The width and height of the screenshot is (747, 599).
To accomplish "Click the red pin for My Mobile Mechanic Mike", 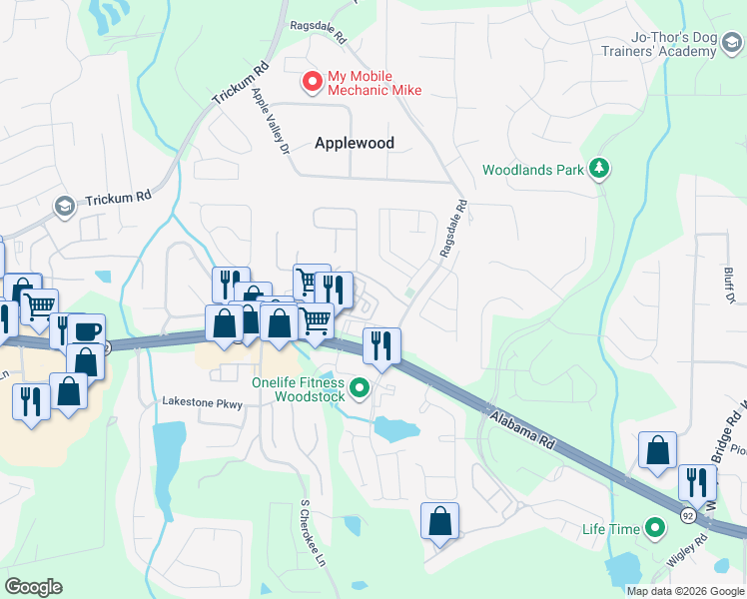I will [x=313, y=81].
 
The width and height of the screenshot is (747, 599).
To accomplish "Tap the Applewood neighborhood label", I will [x=355, y=143].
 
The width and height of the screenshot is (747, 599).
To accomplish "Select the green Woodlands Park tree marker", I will [x=599, y=169].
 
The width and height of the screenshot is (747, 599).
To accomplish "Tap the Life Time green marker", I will [x=655, y=526].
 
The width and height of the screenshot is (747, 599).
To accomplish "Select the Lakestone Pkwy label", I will [x=203, y=401].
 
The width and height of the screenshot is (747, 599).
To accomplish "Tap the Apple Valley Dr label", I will [x=270, y=121].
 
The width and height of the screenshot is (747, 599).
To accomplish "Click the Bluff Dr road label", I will [x=729, y=285].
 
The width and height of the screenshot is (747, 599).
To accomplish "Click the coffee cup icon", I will [x=86, y=331].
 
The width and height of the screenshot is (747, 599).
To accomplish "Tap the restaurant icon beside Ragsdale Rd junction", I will [x=381, y=345].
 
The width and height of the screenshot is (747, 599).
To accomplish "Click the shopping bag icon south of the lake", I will [x=439, y=520].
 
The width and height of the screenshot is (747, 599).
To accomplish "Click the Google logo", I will [x=33, y=587].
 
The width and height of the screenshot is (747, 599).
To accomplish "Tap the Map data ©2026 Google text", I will [x=684, y=591].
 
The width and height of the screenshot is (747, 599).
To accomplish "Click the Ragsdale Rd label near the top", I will [x=318, y=32].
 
